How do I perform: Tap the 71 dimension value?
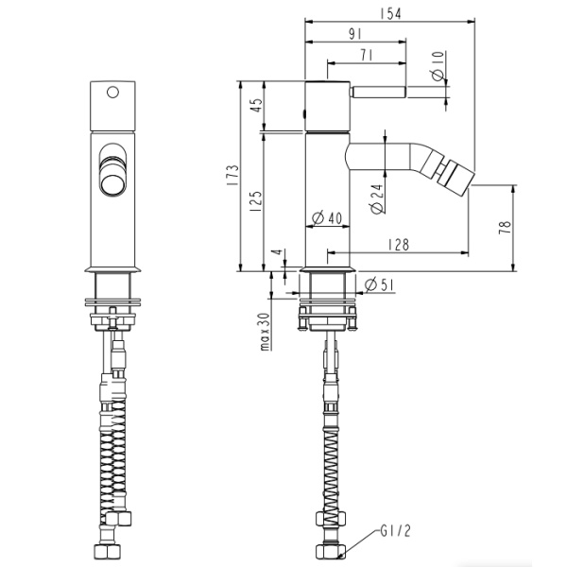coord(367,57)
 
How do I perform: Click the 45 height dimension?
coord(253,106)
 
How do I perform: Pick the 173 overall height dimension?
coord(231,176)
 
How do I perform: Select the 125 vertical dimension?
coord(253,199)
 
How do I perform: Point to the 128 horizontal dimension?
coord(398,245)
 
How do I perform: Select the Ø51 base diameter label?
coord(371,284)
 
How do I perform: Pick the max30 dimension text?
coord(266,331)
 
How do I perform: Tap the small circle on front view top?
coord(112,93)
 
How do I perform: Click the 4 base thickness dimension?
coord(275,255)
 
